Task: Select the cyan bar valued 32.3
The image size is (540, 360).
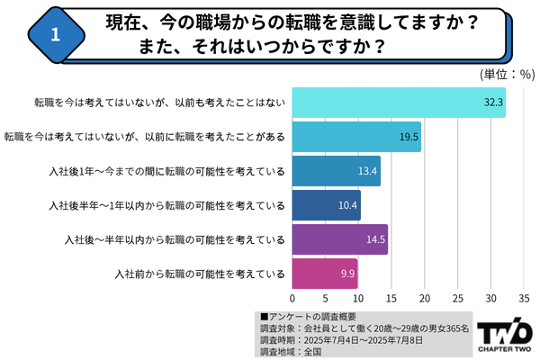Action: click(x=399, y=103)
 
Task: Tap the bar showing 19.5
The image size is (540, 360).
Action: click(x=356, y=137)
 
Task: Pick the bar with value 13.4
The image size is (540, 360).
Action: click(x=337, y=171)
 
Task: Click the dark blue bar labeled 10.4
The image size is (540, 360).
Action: click(x=327, y=204)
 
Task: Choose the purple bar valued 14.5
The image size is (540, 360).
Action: click(x=340, y=238)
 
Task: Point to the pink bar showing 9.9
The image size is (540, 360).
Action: click(x=325, y=272)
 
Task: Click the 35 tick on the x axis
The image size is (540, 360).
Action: click(x=524, y=298)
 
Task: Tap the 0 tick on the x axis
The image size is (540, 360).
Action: click(x=292, y=298)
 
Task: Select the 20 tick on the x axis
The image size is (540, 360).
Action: click(x=425, y=298)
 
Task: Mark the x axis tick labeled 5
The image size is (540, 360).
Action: click(x=326, y=298)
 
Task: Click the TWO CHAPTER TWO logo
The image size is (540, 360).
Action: click(x=505, y=334)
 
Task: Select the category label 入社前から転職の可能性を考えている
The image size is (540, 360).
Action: click(x=200, y=272)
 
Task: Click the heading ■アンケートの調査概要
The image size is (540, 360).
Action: click(x=306, y=317)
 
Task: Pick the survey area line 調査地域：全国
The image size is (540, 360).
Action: click(x=291, y=352)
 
